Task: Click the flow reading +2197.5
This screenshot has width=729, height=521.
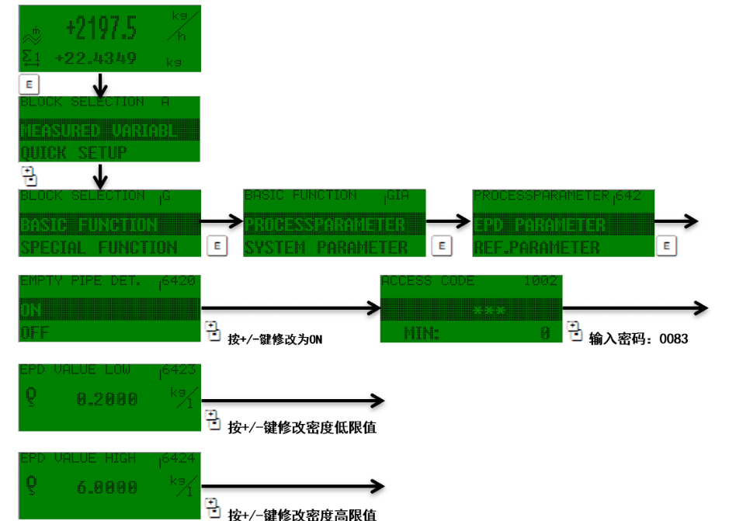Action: point(102,29)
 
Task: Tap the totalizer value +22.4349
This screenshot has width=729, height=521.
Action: point(96,58)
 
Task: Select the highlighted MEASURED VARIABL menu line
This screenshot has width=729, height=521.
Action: point(99,130)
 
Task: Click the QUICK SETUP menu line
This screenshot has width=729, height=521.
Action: point(73,152)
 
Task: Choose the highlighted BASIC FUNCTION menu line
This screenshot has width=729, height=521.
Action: point(89,225)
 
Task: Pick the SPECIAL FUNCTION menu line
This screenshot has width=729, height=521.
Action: point(99,248)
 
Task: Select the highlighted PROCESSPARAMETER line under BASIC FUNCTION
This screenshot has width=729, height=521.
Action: point(325,225)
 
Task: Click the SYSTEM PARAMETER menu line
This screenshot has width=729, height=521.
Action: point(325,248)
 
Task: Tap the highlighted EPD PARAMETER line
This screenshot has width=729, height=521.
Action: point(540,225)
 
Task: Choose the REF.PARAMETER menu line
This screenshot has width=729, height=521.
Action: point(536,248)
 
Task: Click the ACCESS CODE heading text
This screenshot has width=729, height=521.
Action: point(428,281)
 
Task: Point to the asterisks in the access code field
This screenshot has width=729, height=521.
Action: point(489,311)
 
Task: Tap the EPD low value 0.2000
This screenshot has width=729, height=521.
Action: point(107,399)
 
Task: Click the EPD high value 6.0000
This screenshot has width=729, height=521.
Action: point(107,488)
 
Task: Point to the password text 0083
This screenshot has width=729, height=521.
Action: point(672,339)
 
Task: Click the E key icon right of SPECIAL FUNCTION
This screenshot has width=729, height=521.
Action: point(217,246)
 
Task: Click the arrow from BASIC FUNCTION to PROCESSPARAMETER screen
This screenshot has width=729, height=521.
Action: point(222,222)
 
